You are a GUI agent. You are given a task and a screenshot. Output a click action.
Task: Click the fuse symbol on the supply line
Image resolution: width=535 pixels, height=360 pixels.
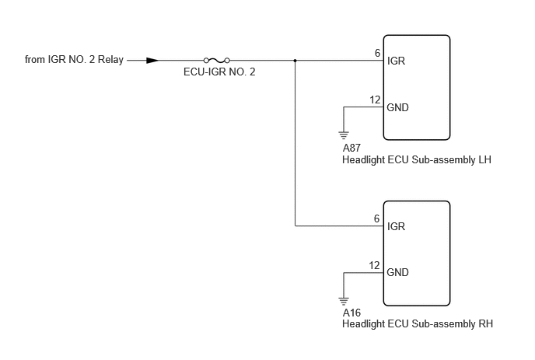[x=217, y=61]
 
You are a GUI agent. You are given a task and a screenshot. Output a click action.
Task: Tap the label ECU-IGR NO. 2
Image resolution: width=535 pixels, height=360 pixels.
[x=219, y=72]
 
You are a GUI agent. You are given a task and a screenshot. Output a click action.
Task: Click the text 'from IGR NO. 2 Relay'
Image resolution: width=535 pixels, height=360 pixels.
[x=74, y=59]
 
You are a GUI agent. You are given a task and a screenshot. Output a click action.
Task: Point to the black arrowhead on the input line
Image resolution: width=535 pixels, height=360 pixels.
[x=152, y=61]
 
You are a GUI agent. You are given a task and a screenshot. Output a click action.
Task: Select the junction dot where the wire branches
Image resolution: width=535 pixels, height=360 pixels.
[x=295, y=61]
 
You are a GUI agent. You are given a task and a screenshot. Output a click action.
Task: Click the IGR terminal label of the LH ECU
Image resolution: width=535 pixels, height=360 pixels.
[x=396, y=61]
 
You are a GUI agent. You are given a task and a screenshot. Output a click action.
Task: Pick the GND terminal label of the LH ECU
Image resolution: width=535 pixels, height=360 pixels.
[x=397, y=107]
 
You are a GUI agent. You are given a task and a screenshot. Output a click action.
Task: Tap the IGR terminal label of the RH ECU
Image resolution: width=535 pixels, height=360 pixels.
[x=396, y=226]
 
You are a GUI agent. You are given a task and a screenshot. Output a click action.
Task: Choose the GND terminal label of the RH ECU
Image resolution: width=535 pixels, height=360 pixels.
[x=397, y=272]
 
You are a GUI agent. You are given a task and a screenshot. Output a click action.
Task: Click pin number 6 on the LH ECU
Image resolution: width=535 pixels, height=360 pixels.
[x=377, y=53]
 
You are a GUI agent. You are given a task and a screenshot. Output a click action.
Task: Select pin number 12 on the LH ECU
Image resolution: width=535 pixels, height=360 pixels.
[x=375, y=100]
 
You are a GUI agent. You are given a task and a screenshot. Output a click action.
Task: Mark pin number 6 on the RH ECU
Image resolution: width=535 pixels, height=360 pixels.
[x=376, y=218]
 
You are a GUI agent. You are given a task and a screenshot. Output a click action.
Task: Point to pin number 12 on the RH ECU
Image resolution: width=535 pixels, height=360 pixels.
[x=374, y=265]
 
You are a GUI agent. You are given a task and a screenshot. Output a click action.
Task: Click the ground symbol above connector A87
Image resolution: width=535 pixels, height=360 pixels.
[x=344, y=135]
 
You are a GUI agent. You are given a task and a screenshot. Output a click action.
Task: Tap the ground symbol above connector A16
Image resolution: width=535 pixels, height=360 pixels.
[x=344, y=302]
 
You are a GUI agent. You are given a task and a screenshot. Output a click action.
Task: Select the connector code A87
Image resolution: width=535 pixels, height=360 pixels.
[x=351, y=148]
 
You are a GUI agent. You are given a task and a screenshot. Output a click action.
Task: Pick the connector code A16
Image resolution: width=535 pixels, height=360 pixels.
[x=351, y=313]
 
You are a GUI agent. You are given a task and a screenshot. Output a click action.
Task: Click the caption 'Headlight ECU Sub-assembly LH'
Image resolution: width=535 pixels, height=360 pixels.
[x=417, y=159]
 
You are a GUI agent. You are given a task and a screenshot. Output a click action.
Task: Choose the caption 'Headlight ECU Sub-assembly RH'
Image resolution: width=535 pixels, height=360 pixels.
[x=418, y=323]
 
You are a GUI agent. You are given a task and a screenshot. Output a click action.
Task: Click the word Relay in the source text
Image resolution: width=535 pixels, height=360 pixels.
[x=110, y=59]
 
